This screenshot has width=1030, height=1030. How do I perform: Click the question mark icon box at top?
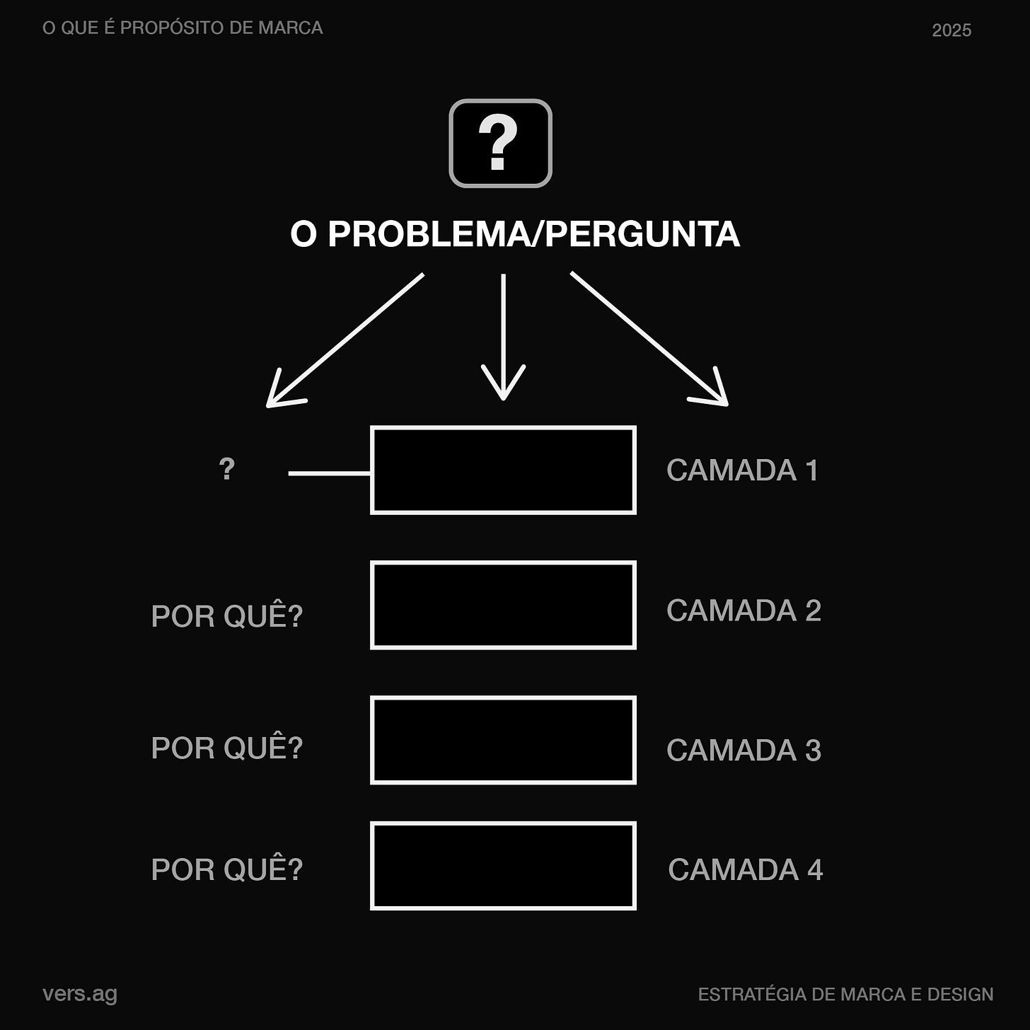coord(500,143)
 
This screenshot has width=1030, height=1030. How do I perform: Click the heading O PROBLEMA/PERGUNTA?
coord(515,234)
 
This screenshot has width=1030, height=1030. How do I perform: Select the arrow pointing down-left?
coord(345,340)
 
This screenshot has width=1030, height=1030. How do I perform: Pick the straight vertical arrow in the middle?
coord(503,337)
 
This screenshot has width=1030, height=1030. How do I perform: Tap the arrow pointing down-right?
coord(649,340)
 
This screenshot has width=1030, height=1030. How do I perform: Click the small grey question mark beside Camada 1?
coord(226,469)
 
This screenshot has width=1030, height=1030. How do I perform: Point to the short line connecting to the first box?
coord(329,473)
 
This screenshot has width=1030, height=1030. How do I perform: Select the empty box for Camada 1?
coord(503,470)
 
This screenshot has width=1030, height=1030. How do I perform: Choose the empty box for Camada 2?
coord(503,605)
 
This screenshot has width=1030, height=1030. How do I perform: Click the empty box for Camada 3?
coord(503,740)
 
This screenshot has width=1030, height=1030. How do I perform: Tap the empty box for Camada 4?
coord(503,866)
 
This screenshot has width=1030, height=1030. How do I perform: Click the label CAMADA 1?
coord(742,470)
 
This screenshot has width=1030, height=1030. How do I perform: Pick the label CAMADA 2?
coord(743,611)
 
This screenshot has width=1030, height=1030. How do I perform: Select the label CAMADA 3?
coord(743,751)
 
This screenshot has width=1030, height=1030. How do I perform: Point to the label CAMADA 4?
coord(745,869)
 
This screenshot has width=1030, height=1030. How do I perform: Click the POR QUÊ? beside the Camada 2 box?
coord(227,615)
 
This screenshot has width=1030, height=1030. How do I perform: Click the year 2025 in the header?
coord(951,30)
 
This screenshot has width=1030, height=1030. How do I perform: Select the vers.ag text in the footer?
coord(80,994)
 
